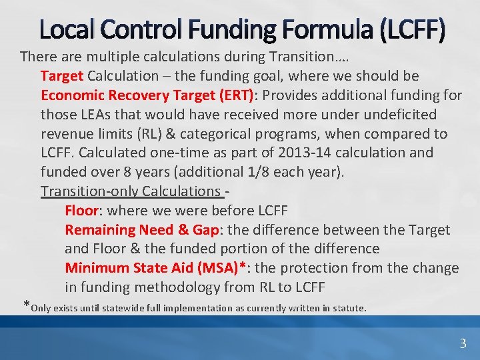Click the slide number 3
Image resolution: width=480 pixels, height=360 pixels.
(x=463, y=343)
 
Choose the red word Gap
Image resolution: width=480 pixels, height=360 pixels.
(x=205, y=230)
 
